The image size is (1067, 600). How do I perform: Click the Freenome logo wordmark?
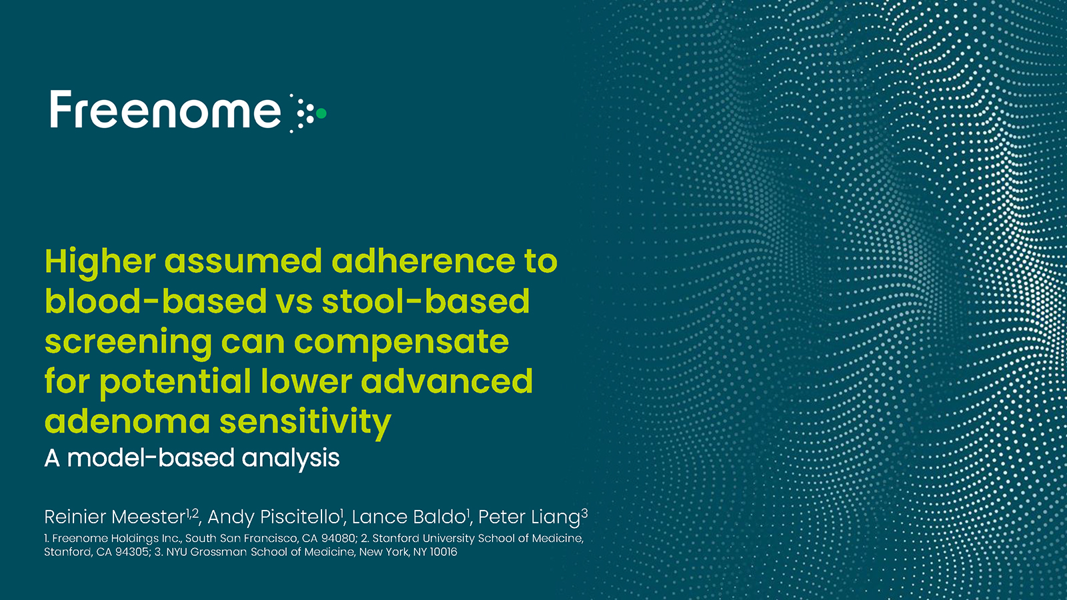[x=165, y=110]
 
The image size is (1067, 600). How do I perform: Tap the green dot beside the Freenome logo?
[x=321, y=113]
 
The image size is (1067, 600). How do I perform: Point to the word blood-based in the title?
[x=156, y=301]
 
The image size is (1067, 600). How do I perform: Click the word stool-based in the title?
[x=426, y=301]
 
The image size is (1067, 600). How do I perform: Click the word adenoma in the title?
[x=127, y=422]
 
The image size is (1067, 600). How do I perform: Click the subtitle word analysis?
[x=291, y=459]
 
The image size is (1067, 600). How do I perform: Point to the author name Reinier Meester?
[x=114, y=517]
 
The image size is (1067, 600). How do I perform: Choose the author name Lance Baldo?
[x=408, y=517]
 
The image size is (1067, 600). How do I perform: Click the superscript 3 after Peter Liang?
[x=584, y=513]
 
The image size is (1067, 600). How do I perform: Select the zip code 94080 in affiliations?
[x=338, y=539]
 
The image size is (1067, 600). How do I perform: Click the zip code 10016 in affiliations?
[x=443, y=552]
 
